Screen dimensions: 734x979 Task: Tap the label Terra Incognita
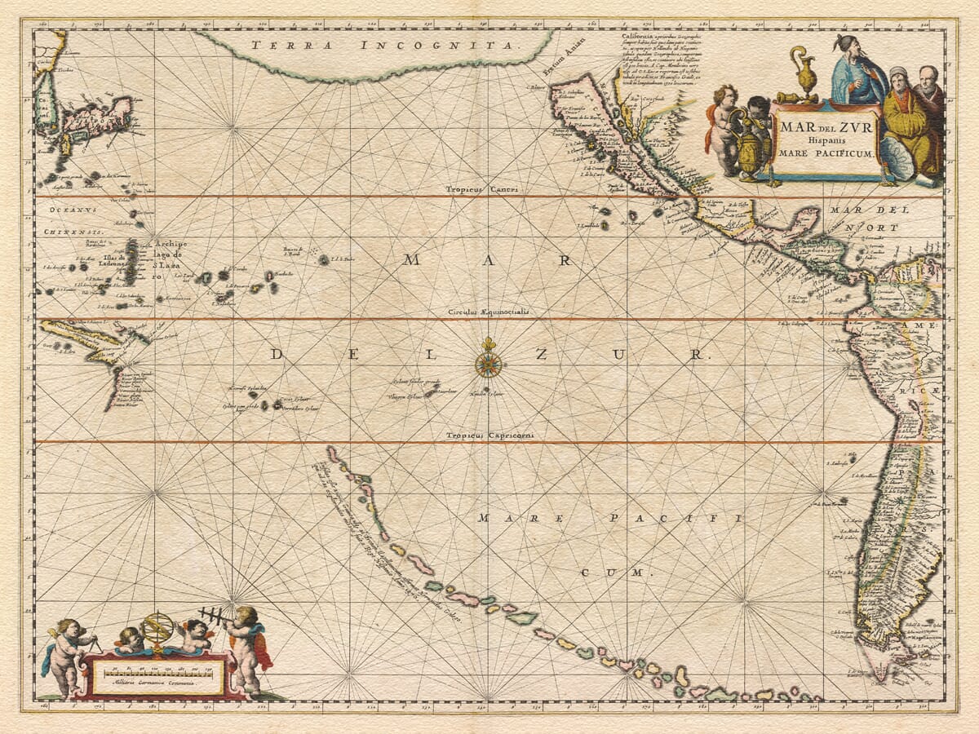[x=383, y=46]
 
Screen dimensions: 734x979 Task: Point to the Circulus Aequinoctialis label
[x=488, y=312]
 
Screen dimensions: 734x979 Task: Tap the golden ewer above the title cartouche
[x=806, y=76]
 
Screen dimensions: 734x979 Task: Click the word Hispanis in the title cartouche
[x=826, y=139]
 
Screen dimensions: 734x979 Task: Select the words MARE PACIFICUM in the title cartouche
[x=826, y=153]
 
